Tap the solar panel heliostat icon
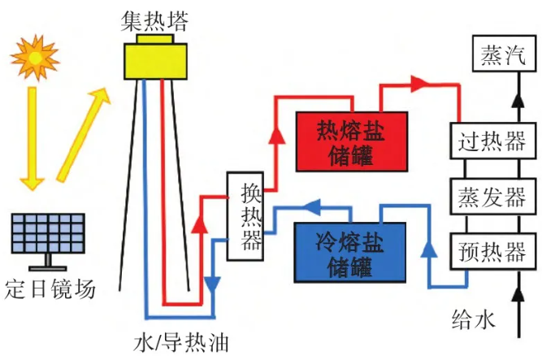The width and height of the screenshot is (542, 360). point(47,236)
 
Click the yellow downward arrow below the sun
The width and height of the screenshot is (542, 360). point(32,138)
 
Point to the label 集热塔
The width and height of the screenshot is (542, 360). point(154,20)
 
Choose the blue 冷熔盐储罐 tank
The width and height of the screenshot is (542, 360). point(351,251)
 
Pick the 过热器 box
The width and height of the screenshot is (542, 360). point(492,143)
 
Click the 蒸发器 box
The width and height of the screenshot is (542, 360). point(492,197)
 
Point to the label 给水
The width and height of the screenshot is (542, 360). point(473,319)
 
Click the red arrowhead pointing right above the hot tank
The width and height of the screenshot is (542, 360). point(420,83)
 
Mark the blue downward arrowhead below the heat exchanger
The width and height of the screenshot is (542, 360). point(213,286)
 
